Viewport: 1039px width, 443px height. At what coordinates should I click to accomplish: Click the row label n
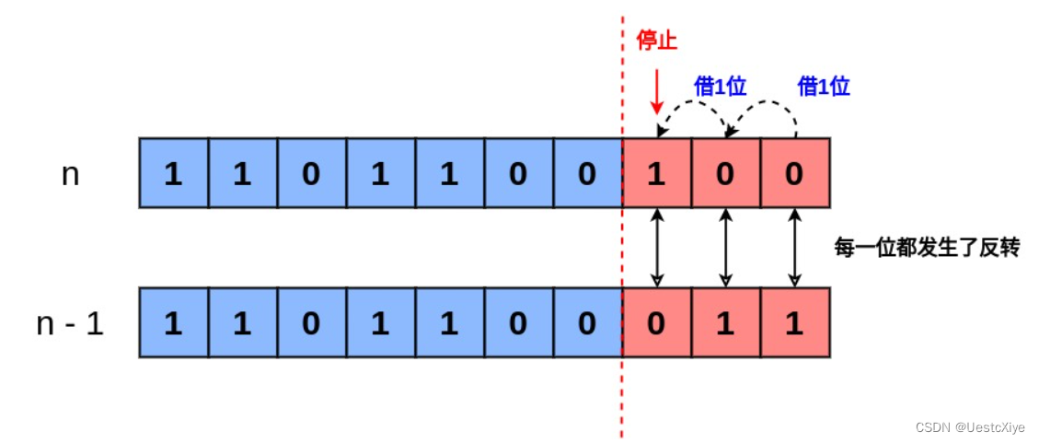click(x=70, y=174)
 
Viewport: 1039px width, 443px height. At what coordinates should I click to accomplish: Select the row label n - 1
click(x=70, y=323)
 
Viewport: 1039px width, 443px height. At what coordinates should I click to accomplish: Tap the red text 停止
click(x=657, y=41)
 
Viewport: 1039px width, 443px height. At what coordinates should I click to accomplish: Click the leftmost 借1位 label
click(x=720, y=87)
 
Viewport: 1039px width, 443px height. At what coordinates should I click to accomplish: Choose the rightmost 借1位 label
click(x=824, y=87)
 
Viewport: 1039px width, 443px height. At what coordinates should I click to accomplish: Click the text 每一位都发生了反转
click(x=927, y=247)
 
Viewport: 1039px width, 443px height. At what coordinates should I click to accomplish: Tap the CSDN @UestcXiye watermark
click(x=970, y=426)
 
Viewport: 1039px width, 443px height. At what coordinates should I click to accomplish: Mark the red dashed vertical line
click(x=622, y=387)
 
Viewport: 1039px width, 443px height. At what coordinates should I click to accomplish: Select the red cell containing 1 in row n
click(x=656, y=173)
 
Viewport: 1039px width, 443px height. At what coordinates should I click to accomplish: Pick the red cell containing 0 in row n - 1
click(x=656, y=323)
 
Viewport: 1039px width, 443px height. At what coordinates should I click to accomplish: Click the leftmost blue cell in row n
click(x=173, y=173)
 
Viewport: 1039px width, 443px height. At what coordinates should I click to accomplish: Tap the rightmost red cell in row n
click(x=795, y=173)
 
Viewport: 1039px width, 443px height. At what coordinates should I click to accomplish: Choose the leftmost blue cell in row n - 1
click(x=173, y=323)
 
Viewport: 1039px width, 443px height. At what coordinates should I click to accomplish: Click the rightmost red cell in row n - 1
click(x=795, y=323)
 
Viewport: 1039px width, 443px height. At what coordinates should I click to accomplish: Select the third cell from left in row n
click(x=311, y=173)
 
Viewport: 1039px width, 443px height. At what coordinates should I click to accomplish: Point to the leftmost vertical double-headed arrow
click(x=657, y=247)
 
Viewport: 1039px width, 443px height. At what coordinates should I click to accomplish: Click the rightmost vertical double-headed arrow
click(x=795, y=247)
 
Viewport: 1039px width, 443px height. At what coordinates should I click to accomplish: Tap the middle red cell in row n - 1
click(x=726, y=323)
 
